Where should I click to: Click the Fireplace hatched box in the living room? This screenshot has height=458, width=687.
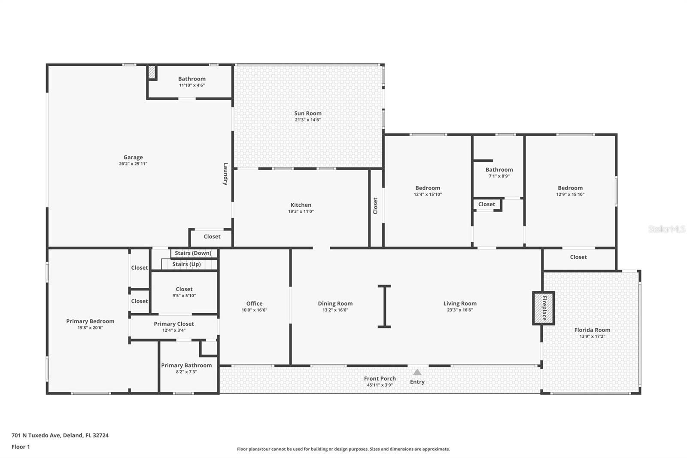tap(544, 308)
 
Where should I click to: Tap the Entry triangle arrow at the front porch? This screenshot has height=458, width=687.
tap(417, 372)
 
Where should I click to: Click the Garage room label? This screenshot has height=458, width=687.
tap(133, 157)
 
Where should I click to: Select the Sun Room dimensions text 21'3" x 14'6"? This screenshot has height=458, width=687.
tap(307, 120)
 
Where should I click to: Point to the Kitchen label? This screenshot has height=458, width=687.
tap(301, 205)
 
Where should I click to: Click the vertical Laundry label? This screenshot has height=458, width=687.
tap(225, 174)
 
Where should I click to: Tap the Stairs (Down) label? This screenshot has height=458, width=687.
tap(193, 253)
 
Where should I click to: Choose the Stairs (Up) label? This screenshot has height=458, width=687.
tap(186, 264)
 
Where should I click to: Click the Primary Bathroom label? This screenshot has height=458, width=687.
tap(186, 365)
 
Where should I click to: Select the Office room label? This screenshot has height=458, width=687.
tap(254, 303)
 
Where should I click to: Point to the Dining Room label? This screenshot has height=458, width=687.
tap(335, 303)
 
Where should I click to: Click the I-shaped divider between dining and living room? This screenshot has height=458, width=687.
tap(384, 306)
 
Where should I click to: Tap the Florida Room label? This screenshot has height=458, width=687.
tap(592, 330)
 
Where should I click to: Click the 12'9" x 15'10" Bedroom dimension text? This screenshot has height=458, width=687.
tap(570, 194)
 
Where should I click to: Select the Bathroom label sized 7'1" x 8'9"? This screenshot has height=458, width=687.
tap(499, 170)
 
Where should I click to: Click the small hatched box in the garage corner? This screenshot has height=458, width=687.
tap(152, 72)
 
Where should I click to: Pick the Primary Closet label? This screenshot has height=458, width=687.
tap(174, 324)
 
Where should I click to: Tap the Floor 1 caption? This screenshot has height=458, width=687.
tap(21, 447)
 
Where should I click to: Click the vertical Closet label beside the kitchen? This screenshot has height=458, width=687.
tap(375, 206)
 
